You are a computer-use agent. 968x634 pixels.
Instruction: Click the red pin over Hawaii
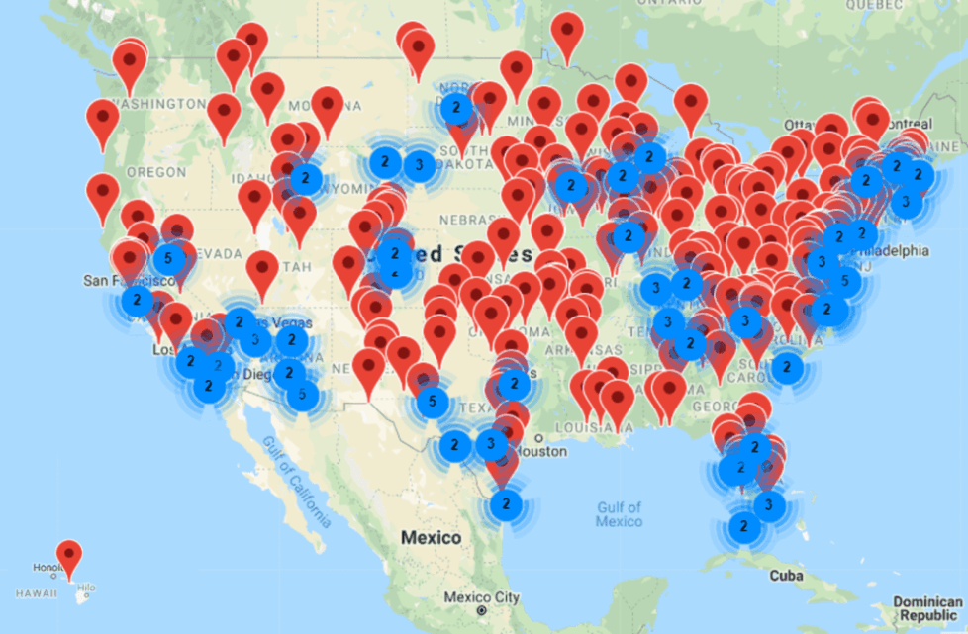[68, 556]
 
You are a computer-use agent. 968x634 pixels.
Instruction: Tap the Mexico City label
[481, 597]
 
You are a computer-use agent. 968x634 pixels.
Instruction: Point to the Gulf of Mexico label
[620, 514]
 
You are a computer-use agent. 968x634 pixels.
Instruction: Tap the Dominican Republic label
[926, 607]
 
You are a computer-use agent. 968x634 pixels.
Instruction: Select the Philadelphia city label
[895, 251]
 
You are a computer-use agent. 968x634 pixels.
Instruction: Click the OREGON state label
[155, 172]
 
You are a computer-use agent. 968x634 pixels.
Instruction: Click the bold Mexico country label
[431, 538]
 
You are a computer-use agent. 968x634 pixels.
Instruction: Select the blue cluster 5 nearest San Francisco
[168, 259]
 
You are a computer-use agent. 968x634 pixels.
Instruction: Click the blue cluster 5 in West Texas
[431, 402]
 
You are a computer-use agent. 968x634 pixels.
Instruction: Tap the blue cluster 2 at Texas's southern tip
[506, 504]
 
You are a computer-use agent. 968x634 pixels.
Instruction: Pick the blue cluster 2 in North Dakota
[455, 108]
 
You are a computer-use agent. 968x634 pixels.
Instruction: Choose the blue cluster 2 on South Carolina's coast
[787, 368]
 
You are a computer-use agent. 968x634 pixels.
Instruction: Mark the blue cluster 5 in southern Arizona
[302, 395]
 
